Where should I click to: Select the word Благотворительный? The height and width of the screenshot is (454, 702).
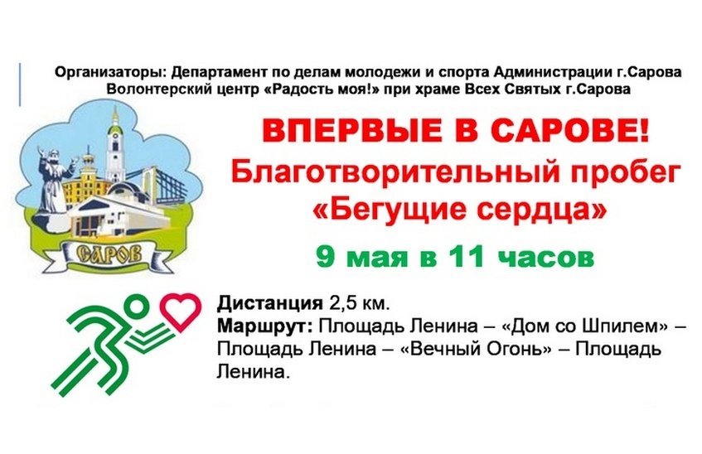click(x=395, y=174)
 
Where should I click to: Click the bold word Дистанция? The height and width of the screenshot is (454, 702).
click(x=270, y=303)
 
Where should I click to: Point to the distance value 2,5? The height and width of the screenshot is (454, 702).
click(x=342, y=304)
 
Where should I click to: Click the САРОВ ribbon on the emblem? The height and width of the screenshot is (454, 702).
click(x=109, y=255)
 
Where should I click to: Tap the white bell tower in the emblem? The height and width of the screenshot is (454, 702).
click(x=115, y=143)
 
